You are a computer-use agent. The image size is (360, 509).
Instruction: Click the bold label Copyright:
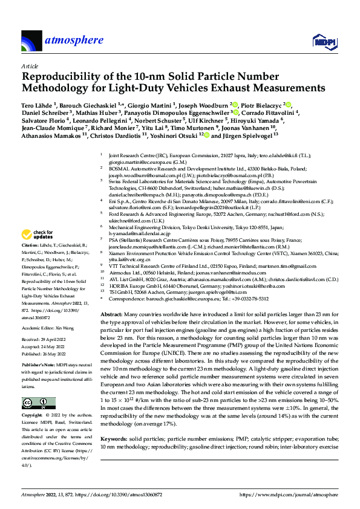click(x=34, y=417)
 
